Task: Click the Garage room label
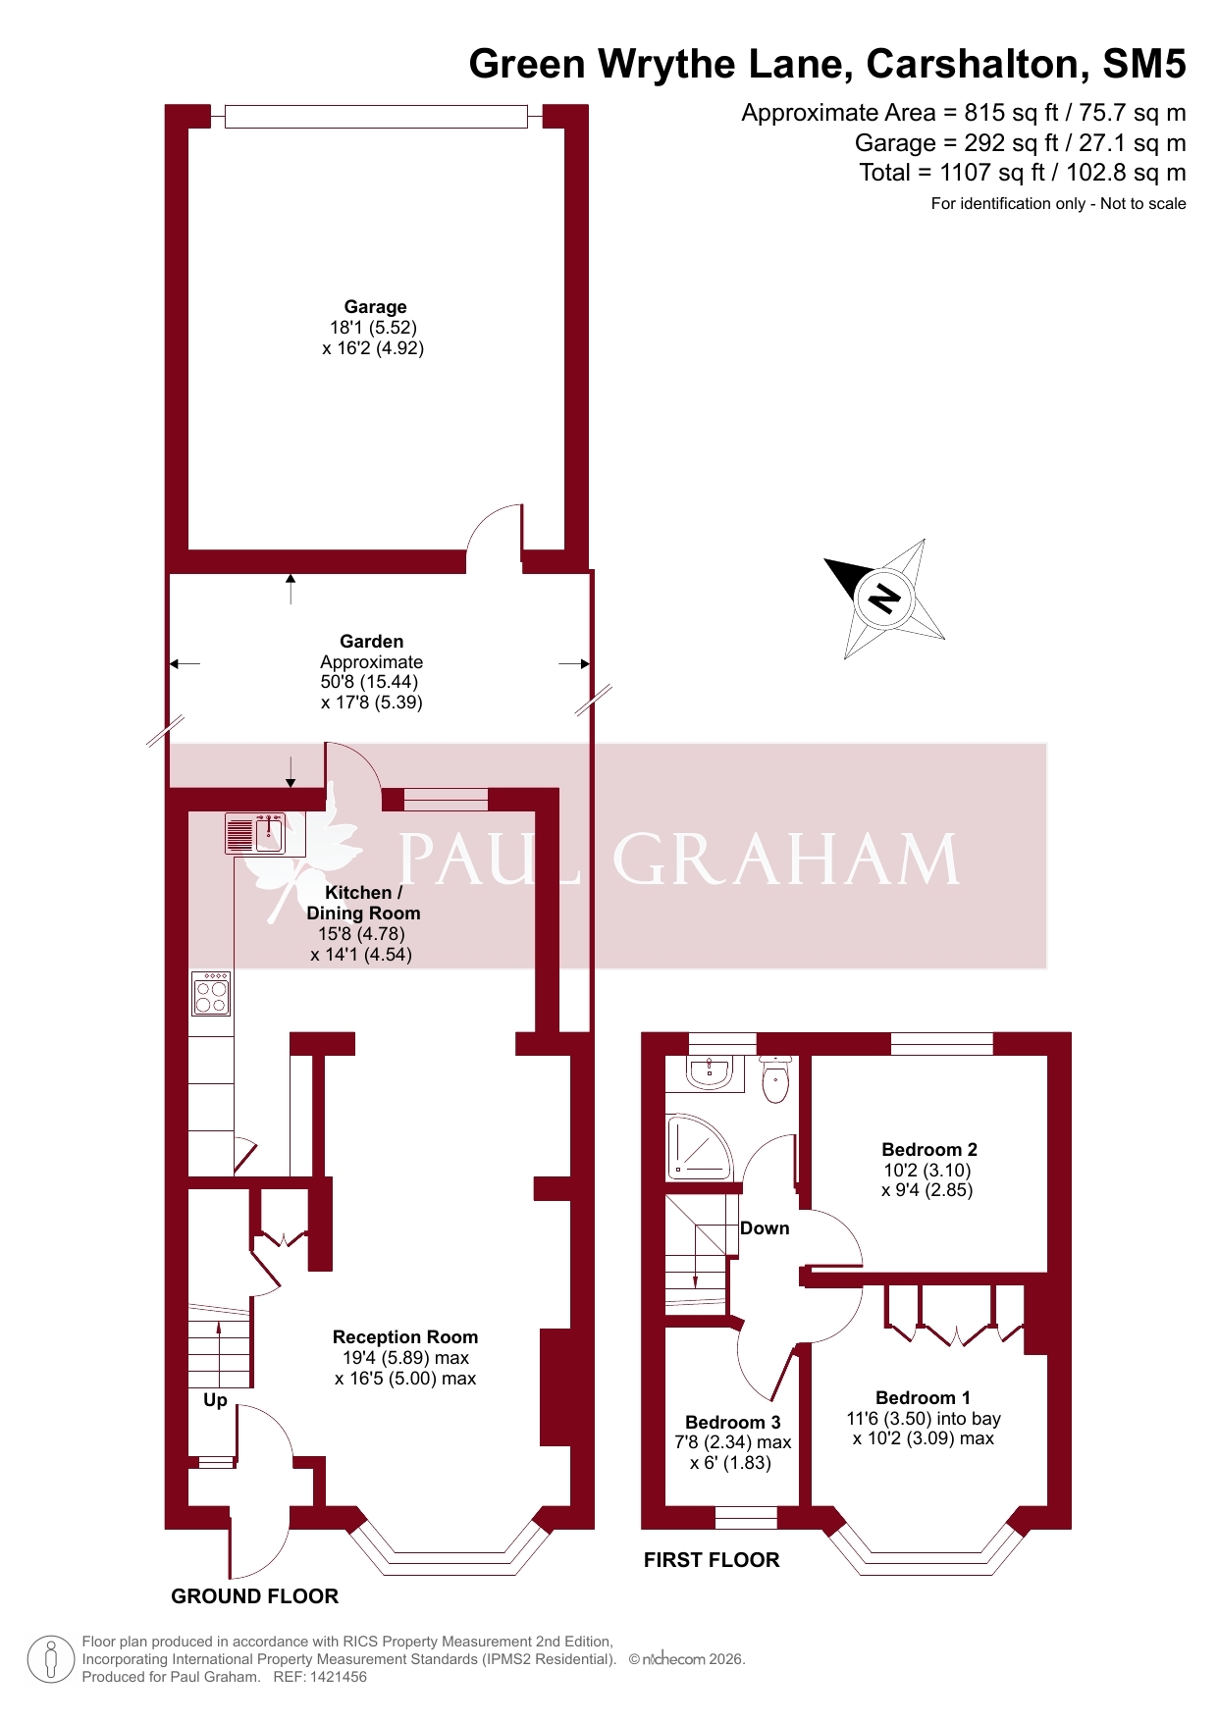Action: (375, 307)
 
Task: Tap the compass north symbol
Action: (885, 598)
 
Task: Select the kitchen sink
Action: (255, 834)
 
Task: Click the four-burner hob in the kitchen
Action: (211, 993)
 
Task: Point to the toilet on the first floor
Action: (775, 1079)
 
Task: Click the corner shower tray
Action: (699, 1145)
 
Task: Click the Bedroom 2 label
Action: (929, 1150)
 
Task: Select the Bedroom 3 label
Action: (733, 1423)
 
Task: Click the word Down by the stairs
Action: (765, 1228)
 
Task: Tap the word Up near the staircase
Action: (215, 1400)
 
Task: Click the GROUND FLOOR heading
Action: (255, 1596)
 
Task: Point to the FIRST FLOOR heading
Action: (712, 1560)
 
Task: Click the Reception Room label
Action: (405, 1337)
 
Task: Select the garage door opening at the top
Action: (376, 117)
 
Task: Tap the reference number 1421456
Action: (337, 1677)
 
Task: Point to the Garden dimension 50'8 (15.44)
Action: (369, 682)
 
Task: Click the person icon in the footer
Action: (51, 1660)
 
